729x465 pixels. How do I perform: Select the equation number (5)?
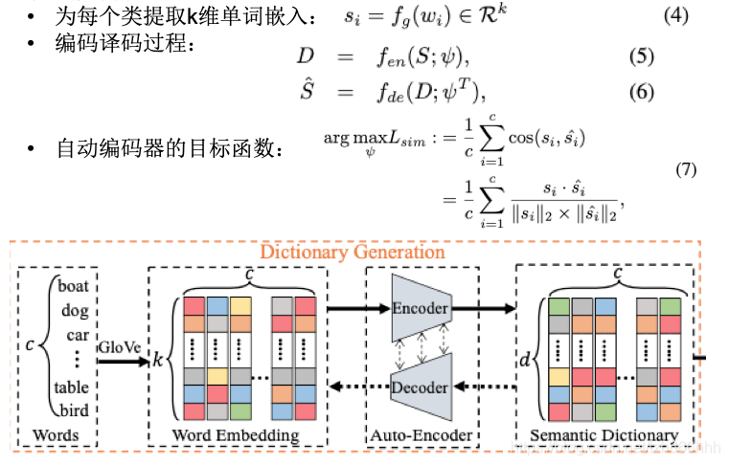pos(641,56)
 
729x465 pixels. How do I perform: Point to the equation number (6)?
pos(641,92)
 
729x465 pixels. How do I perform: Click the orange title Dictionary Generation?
pos(353,253)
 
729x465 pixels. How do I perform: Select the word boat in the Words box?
pos(74,286)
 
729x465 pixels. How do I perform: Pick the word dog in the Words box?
pos(75,310)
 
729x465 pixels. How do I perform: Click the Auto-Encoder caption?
pos(421,435)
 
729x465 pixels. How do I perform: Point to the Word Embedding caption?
pos(236,435)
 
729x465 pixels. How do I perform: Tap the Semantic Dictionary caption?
pos(604,435)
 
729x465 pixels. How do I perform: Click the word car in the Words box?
pos(77,335)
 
